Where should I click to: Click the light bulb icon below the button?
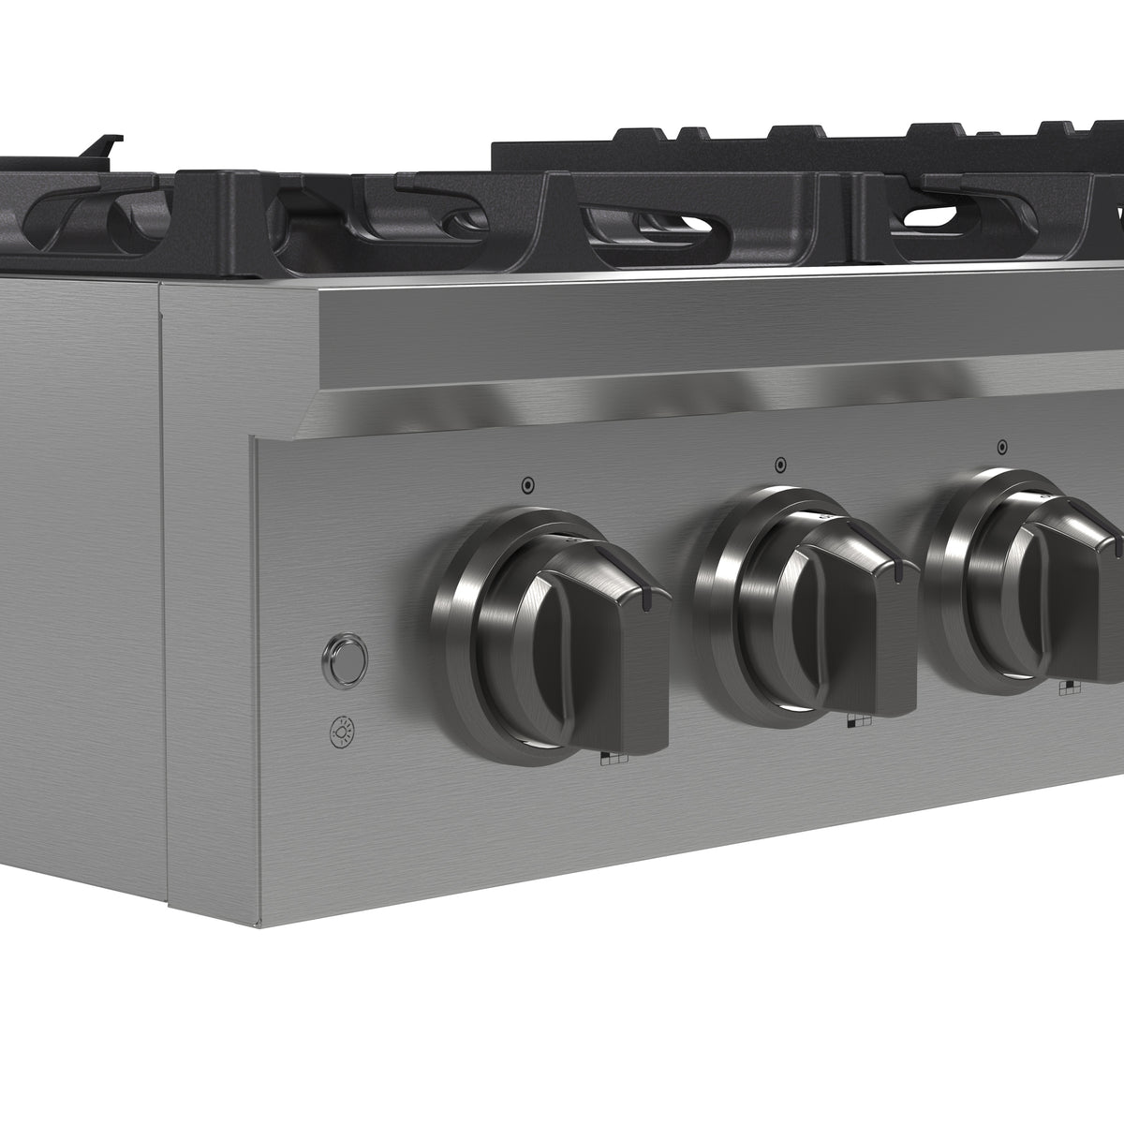tap(344, 731)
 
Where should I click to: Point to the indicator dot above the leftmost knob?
tap(527, 485)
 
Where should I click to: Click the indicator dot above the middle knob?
tap(779, 464)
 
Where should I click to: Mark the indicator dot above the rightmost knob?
tap(1002, 446)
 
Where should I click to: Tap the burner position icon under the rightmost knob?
tap(1069, 688)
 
